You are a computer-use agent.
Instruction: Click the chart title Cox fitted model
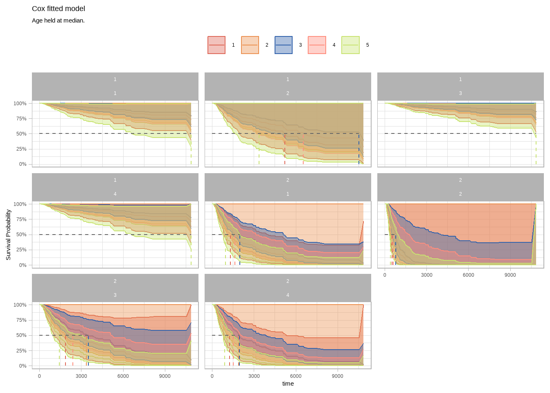click(x=59, y=9)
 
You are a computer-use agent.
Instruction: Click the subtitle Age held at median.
click(x=58, y=20)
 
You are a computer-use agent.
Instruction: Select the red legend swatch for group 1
click(x=216, y=45)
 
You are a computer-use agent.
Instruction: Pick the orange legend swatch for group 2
click(x=250, y=45)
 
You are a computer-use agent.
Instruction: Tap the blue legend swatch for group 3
click(x=284, y=45)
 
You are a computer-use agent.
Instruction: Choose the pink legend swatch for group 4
click(x=317, y=45)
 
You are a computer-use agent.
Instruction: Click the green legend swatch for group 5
click(x=351, y=45)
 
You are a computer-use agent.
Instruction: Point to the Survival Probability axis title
click(x=8, y=235)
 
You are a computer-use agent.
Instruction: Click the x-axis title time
click(x=288, y=384)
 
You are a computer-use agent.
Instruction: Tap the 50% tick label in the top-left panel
click(x=21, y=134)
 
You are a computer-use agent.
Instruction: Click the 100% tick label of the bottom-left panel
click(x=20, y=305)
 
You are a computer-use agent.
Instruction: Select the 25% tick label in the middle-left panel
click(x=21, y=250)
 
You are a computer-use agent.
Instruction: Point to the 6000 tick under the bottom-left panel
click(x=123, y=376)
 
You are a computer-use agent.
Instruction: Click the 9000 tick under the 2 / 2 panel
click(x=510, y=275)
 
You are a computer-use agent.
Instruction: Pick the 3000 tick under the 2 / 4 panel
click(x=254, y=376)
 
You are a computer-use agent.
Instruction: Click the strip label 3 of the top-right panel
click(x=460, y=93)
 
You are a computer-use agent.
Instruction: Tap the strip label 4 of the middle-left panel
click(x=115, y=194)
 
